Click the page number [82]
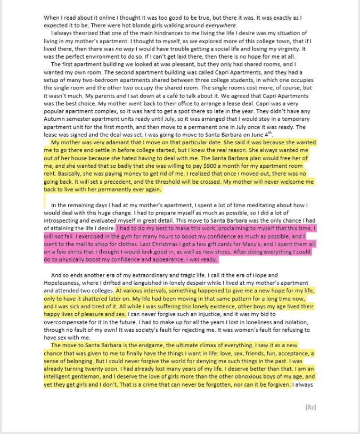pos(311,407)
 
